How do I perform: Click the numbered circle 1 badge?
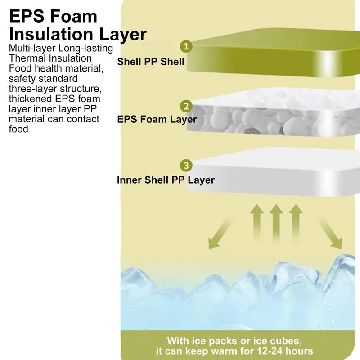(x=186, y=46)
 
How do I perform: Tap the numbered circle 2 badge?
(x=186, y=106)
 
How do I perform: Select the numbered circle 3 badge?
(x=186, y=165)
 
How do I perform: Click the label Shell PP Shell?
(x=151, y=61)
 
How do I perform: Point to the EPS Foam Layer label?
(x=157, y=120)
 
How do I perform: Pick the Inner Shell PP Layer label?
(x=166, y=180)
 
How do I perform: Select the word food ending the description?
(x=18, y=130)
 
